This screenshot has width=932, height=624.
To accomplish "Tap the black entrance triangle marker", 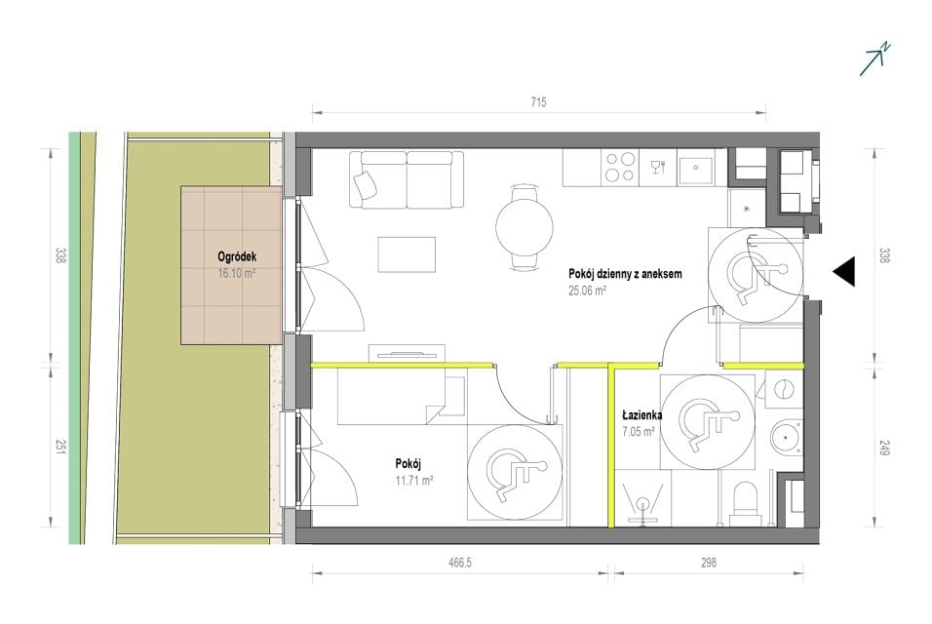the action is (x=843, y=272).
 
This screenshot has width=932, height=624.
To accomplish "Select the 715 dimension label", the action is (x=538, y=102).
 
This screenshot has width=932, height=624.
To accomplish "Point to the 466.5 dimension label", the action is (x=459, y=563).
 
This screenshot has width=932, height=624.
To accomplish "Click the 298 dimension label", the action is (x=709, y=563).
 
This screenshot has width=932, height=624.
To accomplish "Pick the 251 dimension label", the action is (x=60, y=447).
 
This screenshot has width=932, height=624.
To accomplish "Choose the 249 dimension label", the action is (x=884, y=447).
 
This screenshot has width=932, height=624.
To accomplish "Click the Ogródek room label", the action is (x=237, y=257).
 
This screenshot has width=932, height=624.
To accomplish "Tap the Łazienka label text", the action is (x=642, y=415).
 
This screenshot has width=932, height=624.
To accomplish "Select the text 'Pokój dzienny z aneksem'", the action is (x=625, y=274).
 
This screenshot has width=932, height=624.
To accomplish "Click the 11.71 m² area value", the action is (x=414, y=480).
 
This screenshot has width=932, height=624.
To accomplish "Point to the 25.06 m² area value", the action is (x=587, y=291).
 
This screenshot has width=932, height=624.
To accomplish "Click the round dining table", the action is (x=524, y=227).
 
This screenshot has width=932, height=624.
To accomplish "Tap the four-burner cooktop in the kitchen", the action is (x=620, y=167).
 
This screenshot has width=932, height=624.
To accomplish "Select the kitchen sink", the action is (x=695, y=167).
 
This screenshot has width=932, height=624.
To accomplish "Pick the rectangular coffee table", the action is (x=407, y=254).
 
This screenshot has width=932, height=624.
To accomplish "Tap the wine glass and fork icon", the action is (x=659, y=167).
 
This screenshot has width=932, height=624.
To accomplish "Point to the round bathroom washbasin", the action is (x=787, y=438).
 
